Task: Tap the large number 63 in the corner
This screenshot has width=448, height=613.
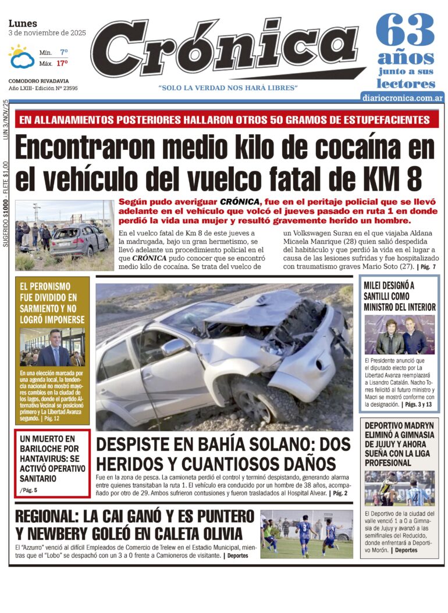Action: [405, 30]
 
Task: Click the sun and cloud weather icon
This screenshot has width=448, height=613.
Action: [22, 57]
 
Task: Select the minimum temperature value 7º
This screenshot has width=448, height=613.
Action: [63, 52]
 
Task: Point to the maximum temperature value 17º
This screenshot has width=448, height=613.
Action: [62, 63]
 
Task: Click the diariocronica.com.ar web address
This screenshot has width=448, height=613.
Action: [402, 98]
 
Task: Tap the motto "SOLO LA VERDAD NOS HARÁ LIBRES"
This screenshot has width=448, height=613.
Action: [228, 88]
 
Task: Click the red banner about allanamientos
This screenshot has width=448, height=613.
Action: [224, 120]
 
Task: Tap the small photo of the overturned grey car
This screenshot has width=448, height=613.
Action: [64, 235]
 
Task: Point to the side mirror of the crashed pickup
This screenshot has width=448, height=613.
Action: [174, 347]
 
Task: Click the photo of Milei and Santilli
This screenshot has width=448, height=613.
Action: [399, 335]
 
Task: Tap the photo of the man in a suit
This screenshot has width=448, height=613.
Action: [52, 347]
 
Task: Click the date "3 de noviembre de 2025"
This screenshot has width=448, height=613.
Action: [47, 33]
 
